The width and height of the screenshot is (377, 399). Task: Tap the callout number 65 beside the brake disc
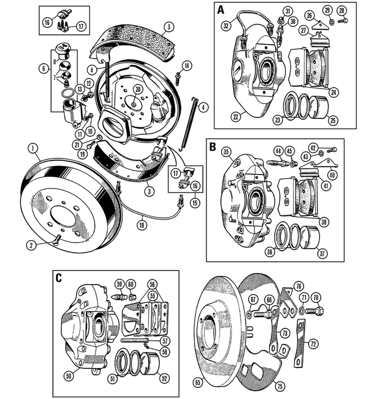[x=198, y=383]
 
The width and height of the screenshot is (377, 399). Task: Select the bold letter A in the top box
[x=220, y=10]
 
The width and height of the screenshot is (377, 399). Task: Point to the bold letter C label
[x=59, y=278]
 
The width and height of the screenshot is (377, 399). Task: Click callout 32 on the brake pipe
[x=226, y=26]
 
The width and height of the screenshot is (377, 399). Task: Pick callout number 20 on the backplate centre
[x=137, y=89]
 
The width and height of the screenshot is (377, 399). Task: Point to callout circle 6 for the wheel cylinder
[x=43, y=68]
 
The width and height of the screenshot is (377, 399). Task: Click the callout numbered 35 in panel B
[x=226, y=152]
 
